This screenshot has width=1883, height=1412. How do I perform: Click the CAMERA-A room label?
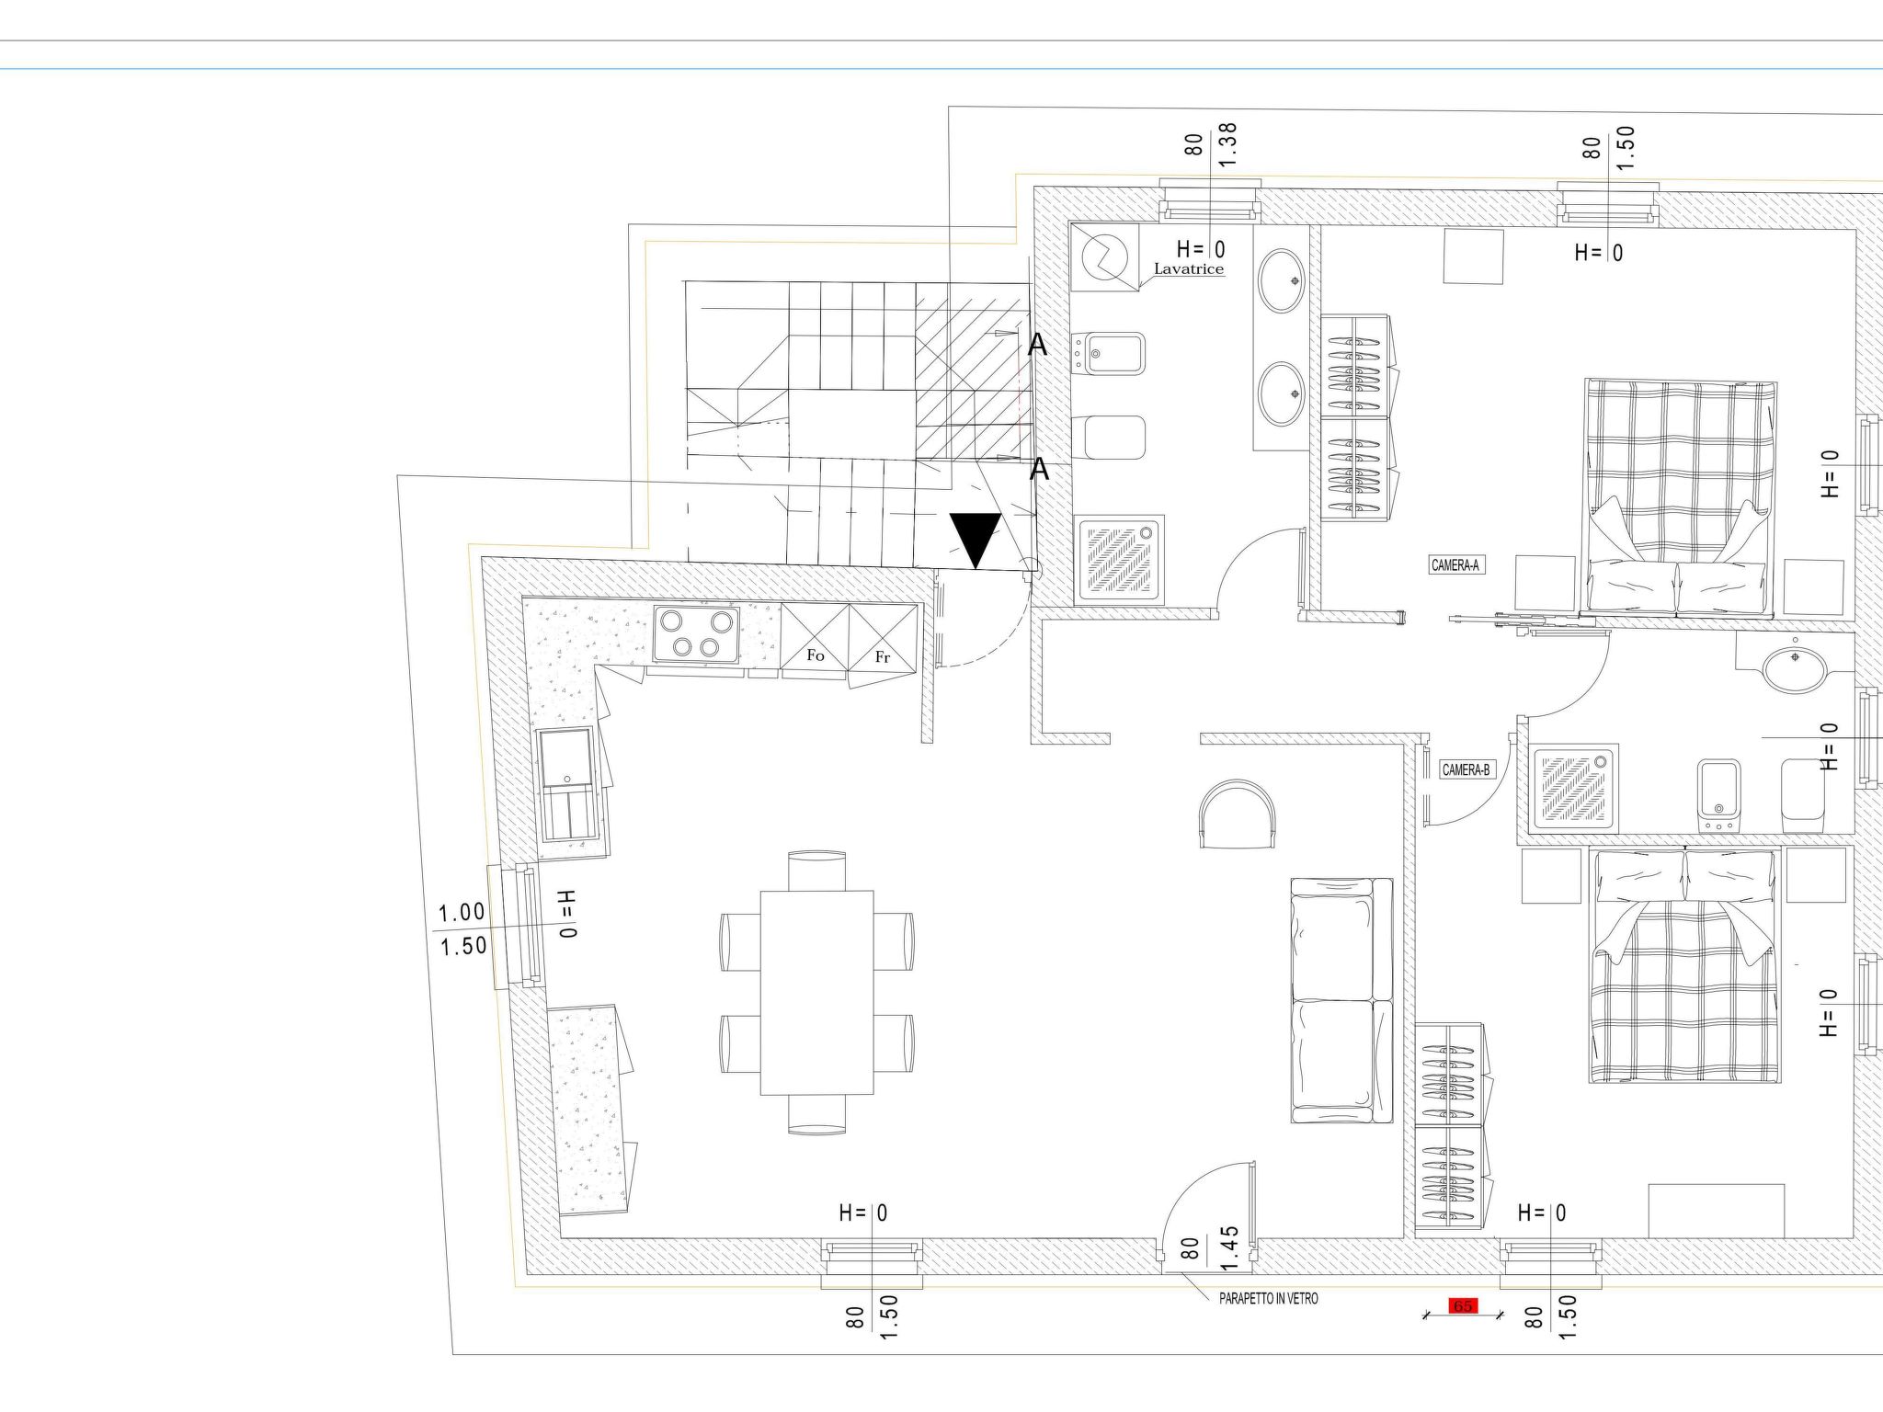[1455, 565]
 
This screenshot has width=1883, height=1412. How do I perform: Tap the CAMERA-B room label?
[1466, 769]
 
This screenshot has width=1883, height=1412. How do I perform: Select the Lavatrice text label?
[1189, 269]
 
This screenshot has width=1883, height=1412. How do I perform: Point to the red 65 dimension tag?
[1462, 1306]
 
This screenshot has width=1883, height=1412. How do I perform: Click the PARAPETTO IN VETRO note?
[1268, 1299]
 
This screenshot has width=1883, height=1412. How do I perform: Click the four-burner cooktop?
[696, 634]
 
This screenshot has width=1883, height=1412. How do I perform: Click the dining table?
[816, 993]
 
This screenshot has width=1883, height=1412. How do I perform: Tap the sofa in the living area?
[1341, 1000]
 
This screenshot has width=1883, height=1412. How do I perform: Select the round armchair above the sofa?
[1238, 813]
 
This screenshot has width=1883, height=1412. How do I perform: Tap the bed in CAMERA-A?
[1680, 497]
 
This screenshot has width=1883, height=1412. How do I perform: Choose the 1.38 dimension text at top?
[1227, 144]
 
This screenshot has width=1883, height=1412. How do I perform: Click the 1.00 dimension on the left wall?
[462, 913]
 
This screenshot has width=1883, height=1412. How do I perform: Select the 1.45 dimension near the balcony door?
[1230, 1247]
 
